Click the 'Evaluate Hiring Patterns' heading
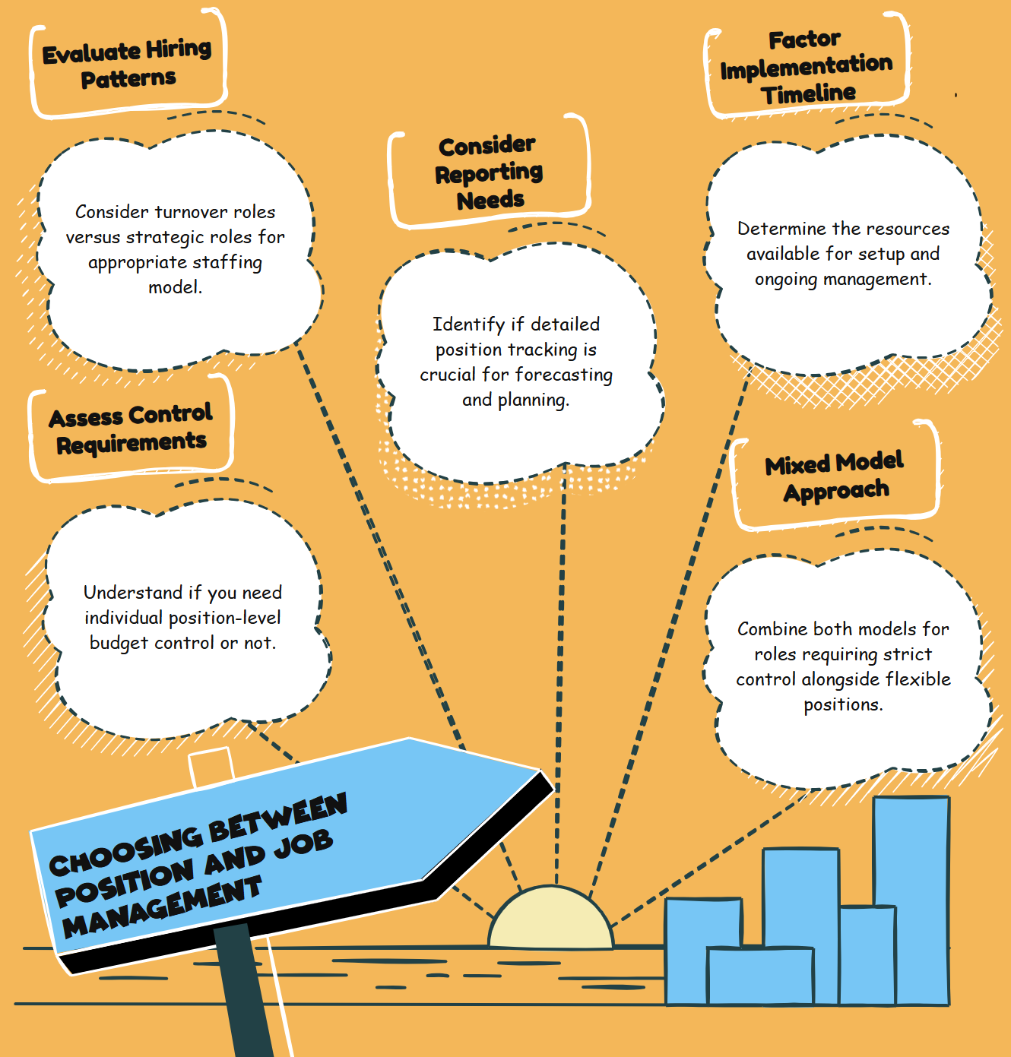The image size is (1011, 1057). [x=127, y=64]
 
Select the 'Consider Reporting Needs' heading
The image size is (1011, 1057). [x=489, y=172]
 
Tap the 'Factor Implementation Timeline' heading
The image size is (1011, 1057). [x=807, y=67]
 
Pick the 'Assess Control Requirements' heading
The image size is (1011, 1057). [x=131, y=429]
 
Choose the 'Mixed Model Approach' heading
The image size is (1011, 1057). [x=835, y=476]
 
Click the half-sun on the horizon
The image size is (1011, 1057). [x=550, y=920]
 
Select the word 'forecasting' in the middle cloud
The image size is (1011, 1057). [x=563, y=375]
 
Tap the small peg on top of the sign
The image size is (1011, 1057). [x=211, y=766]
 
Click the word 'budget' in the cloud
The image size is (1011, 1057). [x=119, y=644]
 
